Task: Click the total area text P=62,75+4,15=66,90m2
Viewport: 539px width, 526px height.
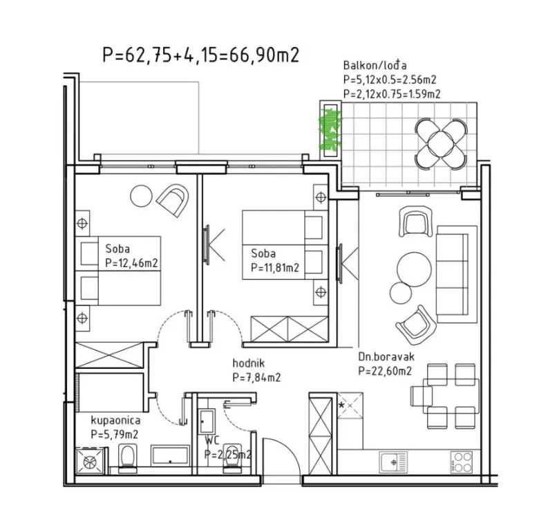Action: [201, 55]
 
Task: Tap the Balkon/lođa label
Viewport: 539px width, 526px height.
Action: [375, 66]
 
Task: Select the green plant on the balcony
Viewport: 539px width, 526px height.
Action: [330, 129]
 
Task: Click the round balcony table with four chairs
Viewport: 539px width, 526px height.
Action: [441, 144]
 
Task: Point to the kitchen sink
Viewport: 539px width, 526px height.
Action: [393, 462]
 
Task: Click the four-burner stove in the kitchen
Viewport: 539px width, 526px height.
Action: [462, 462]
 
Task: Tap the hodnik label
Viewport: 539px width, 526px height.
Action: [249, 363]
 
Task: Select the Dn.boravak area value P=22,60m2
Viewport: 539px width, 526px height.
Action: [385, 371]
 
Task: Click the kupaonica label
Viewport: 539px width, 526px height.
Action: [115, 420]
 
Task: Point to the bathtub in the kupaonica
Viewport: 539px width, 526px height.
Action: [171, 455]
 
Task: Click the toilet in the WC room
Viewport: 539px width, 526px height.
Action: [232, 458]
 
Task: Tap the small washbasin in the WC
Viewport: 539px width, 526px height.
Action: [207, 421]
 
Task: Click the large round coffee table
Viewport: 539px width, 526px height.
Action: [414, 269]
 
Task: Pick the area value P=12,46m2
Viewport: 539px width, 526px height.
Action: [132, 263]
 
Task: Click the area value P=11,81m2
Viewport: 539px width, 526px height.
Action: [275, 267]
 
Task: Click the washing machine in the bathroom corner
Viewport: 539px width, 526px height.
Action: [91, 461]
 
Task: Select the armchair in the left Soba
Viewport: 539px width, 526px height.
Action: [173, 200]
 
